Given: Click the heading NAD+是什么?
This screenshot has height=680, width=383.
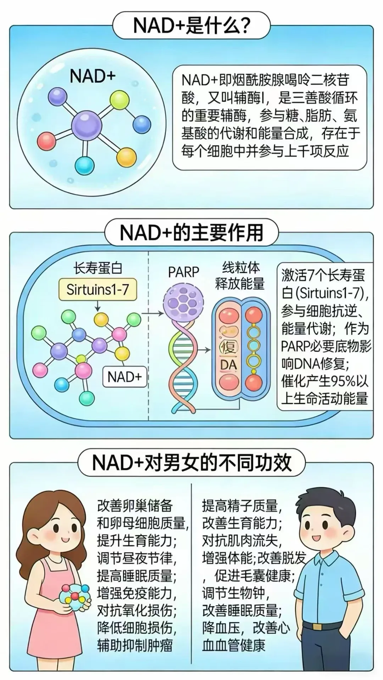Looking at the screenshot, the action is coord(191,25).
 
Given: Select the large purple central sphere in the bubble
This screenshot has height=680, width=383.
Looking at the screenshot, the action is coord(87,125).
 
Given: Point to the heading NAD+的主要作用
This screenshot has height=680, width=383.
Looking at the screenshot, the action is coord(191,233).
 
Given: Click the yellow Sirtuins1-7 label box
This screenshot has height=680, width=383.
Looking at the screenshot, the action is coord(98,290).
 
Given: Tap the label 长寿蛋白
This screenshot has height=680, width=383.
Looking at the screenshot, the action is coord(98,268).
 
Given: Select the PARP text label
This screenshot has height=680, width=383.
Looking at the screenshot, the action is coord(183,272).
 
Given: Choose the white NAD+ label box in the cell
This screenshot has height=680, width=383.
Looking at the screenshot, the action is coord(124,377).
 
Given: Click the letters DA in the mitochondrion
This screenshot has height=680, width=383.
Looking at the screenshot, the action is coord(228,365).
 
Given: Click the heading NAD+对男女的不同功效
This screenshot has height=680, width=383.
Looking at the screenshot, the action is coord(191,463).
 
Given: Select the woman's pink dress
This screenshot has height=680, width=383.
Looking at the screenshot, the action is coord(57,623).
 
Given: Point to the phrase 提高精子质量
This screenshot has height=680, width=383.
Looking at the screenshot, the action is coord(240,506).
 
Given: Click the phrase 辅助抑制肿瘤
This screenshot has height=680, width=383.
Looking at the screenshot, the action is coord(135,645).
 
